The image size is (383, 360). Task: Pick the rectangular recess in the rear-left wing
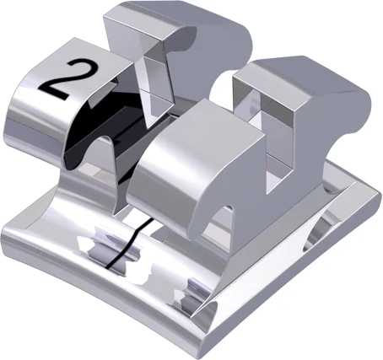(x=156, y=67)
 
